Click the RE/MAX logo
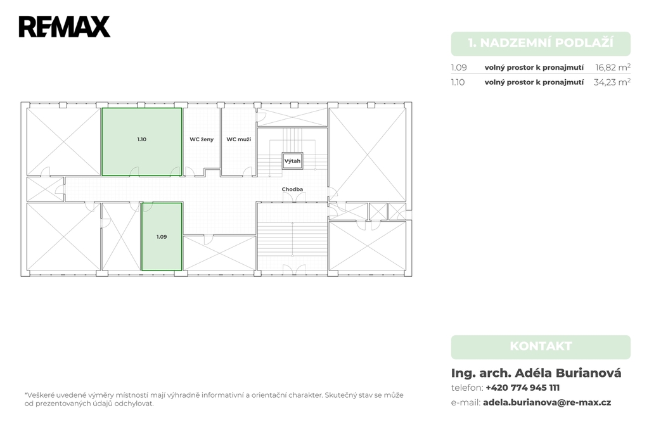65,27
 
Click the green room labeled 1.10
141,141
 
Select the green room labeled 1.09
162,237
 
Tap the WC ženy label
202,139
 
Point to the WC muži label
239,139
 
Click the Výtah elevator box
293,161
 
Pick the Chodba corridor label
292,189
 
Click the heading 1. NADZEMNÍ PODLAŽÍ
541,43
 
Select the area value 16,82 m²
613,67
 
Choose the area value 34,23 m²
612,82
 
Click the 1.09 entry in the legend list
459,67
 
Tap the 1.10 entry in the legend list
458,82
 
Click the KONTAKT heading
541,346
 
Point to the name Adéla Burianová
568,373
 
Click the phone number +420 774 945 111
523,388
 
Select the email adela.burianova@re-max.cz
547,403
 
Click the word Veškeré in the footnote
40,395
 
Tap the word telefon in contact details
466,388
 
